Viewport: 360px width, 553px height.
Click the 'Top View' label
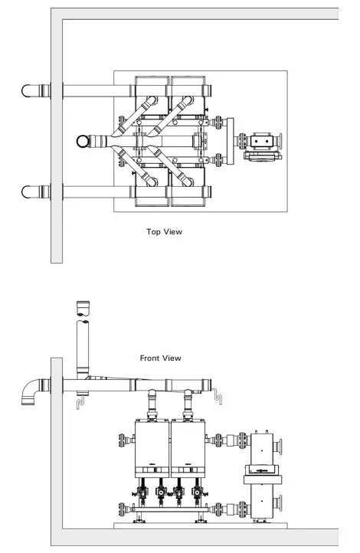(164, 231)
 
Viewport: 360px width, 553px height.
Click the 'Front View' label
(161, 358)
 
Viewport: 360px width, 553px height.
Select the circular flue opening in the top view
(83, 141)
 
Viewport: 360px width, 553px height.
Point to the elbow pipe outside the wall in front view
(31, 391)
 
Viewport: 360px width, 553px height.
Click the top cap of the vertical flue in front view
(83, 309)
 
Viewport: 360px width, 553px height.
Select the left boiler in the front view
(152, 448)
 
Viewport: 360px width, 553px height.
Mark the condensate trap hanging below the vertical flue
(80, 400)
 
